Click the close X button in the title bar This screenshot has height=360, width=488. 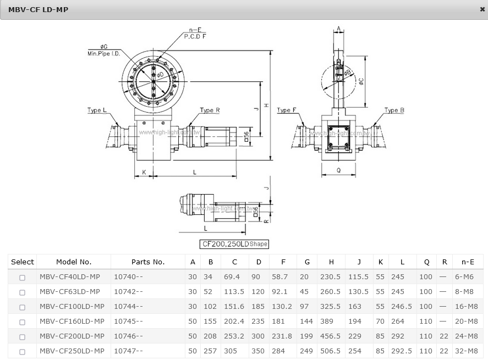tap(482, 9)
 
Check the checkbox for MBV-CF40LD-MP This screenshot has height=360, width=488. tap(22, 278)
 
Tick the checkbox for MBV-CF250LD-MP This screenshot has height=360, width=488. tap(22, 352)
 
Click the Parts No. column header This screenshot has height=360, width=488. tap(148, 262)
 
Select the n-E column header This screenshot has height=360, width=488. tap(468, 262)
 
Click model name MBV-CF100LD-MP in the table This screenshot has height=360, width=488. tap(72, 307)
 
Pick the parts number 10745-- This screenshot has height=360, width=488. tap(128, 322)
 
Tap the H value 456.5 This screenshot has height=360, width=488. tap(330, 336)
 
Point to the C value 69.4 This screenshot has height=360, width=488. tap(232, 276)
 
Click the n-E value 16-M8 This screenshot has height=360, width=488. tap(466, 307)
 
